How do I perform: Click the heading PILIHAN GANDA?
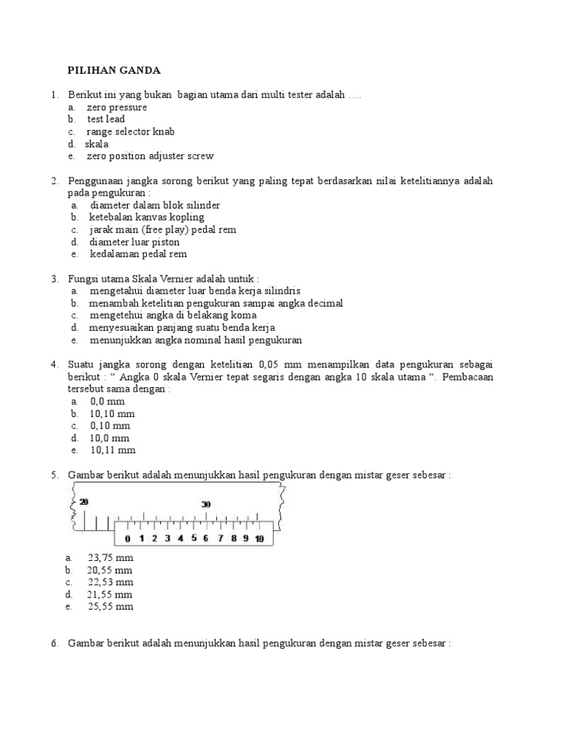tap(114, 70)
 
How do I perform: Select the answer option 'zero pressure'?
tap(116, 107)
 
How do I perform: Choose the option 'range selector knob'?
tap(131, 131)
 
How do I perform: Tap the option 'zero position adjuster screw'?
tap(150, 156)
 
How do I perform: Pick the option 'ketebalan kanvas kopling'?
tap(147, 217)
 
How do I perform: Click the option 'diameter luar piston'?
tap(134, 242)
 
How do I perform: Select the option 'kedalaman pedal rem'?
tap(138, 254)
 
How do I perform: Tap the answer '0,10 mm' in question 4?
tap(110, 425)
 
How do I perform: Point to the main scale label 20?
tap(84, 502)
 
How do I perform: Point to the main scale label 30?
tap(206, 505)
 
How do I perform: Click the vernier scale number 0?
tap(128, 539)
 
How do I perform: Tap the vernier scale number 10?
tap(259, 539)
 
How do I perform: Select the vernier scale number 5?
tap(194, 539)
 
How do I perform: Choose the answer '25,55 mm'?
tap(110, 606)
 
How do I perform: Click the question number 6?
tap(55, 644)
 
